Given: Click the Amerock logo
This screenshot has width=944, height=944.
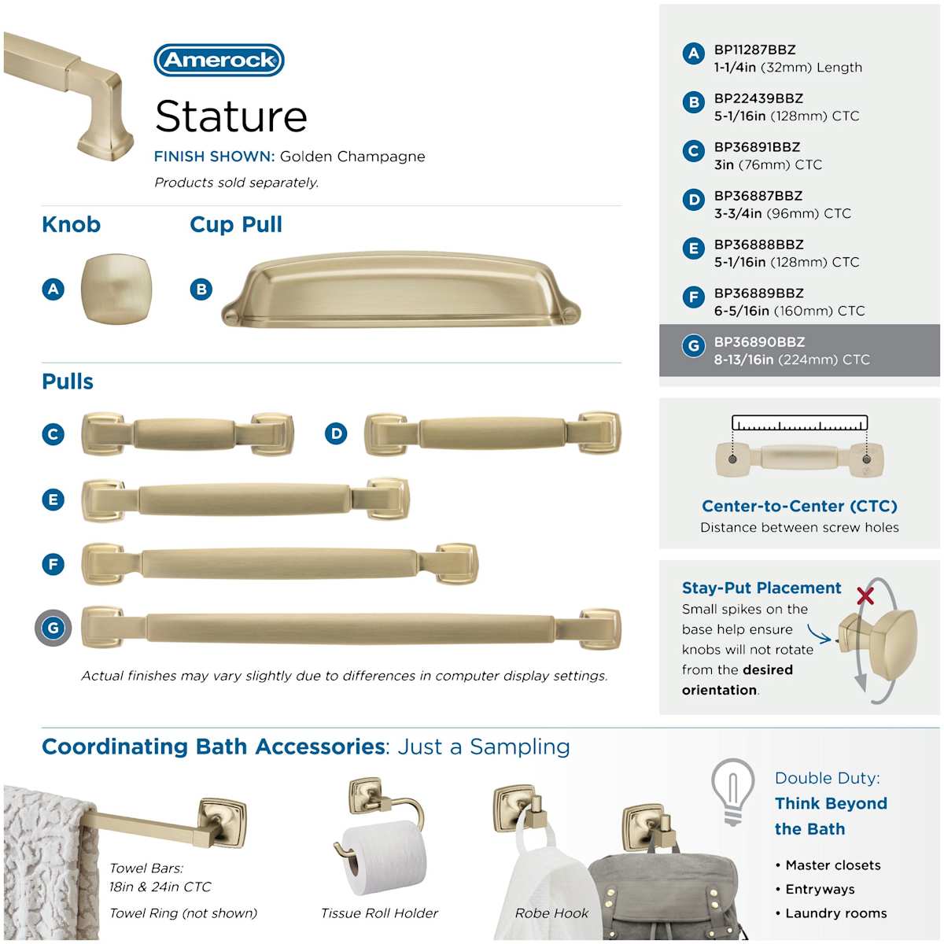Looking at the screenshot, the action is (x=219, y=61).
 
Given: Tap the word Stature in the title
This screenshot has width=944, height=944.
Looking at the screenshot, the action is (x=231, y=116).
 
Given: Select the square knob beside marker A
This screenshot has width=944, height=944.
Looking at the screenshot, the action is (x=116, y=289).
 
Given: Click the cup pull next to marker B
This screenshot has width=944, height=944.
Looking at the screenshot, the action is (x=400, y=290).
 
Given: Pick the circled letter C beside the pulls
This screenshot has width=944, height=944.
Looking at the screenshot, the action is (x=53, y=434).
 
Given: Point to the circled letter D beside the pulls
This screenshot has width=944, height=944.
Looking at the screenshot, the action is (x=336, y=433).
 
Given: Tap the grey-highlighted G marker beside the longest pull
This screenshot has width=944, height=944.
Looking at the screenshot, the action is (x=53, y=628).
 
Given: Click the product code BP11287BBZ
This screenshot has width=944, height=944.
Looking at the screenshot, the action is (x=754, y=50).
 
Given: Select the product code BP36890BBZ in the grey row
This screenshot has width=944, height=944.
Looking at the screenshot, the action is (x=759, y=342).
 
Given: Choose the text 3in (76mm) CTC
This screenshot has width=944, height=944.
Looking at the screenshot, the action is (x=768, y=164).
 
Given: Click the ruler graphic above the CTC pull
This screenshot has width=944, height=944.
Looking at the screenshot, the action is (x=799, y=422).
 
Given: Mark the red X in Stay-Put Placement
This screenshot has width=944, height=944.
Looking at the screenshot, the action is (x=865, y=596).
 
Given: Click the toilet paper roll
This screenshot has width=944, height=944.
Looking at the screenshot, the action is (x=385, y=857).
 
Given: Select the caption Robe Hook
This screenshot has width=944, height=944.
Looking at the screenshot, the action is (x=551, y=913).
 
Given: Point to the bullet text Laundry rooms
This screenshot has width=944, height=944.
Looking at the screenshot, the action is (x=836, y=913).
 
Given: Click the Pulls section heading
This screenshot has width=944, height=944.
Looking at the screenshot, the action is (x=68, y=382).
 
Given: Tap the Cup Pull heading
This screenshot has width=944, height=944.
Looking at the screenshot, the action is (x=236, y=225).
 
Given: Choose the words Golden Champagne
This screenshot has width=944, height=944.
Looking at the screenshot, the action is (x=352, y=157).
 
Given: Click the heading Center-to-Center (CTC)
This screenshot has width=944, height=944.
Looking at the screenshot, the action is (x=799, y=506).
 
